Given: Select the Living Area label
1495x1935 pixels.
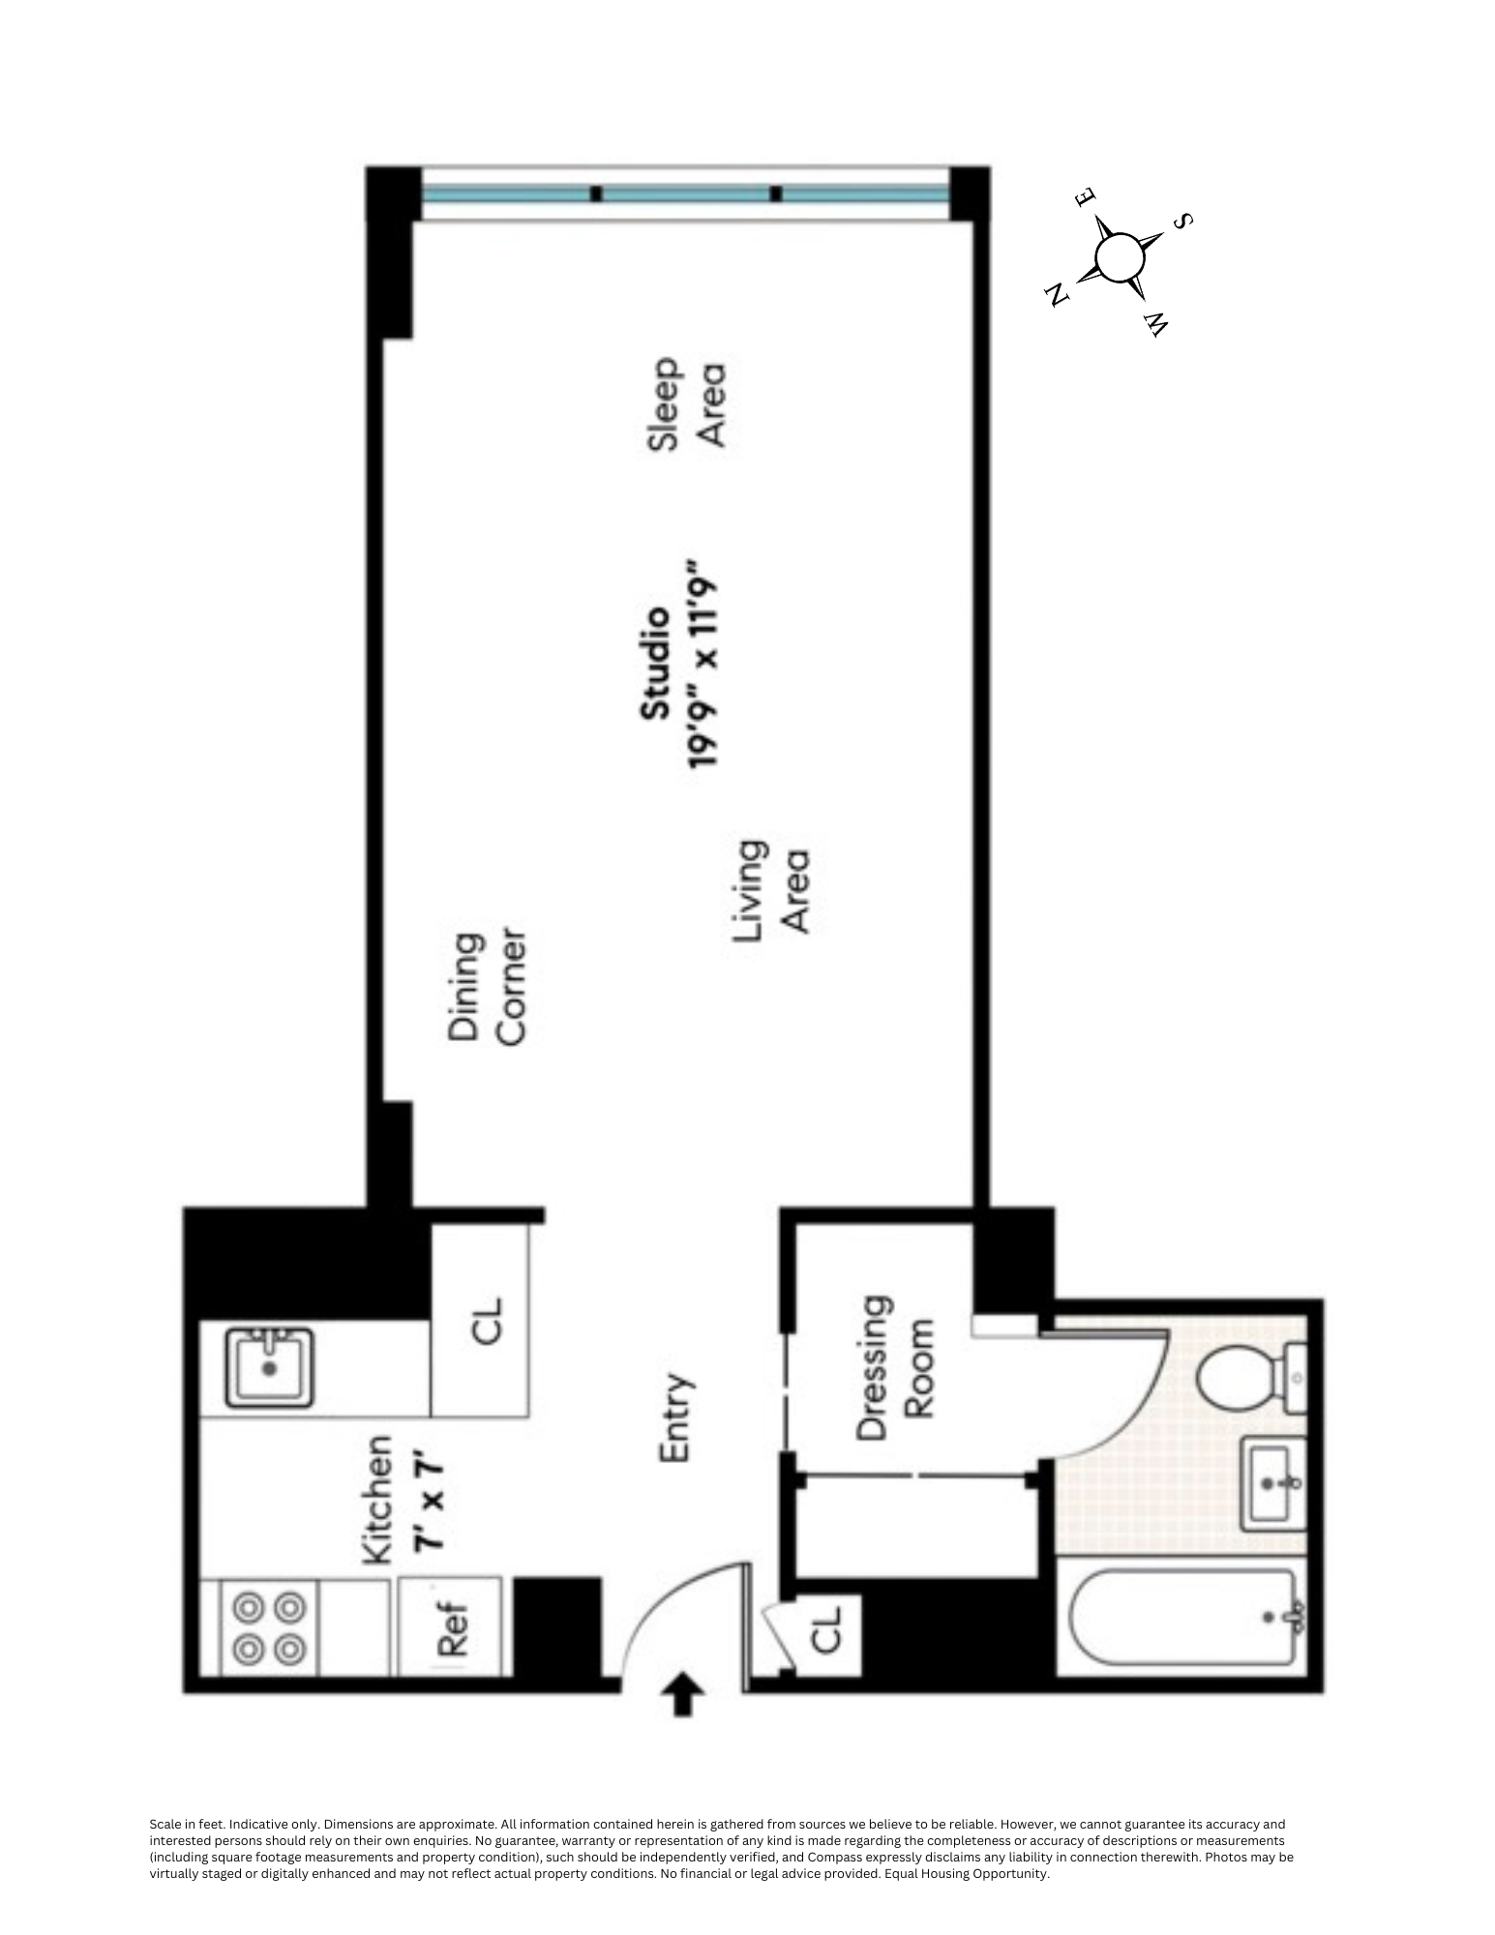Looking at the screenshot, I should tap(771, 887).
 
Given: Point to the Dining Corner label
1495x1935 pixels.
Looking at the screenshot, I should tap(487, 988).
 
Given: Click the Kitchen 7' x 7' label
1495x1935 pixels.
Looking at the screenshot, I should tap(404, 1500).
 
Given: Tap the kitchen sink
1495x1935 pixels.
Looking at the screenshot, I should tap(269, 1367).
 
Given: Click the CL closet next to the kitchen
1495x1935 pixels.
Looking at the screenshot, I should tap(487, 1321).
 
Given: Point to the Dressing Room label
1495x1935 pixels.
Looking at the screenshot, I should tap(895, 1367).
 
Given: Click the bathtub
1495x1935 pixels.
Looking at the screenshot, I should tap(1182, 1618).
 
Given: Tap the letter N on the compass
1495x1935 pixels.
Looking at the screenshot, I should tap(1058, 293).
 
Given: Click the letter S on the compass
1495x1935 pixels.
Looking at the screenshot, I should tap(1181, 222).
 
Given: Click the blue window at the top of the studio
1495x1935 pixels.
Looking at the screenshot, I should tap(685, 194).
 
